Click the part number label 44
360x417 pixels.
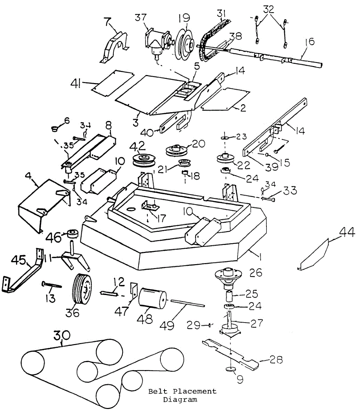coord(347,232)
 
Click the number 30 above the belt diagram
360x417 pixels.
coord(62,335)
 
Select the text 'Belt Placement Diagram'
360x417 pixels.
coord(182,395)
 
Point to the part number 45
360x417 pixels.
coord(20,260)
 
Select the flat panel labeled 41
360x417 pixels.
coord(113,83)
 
